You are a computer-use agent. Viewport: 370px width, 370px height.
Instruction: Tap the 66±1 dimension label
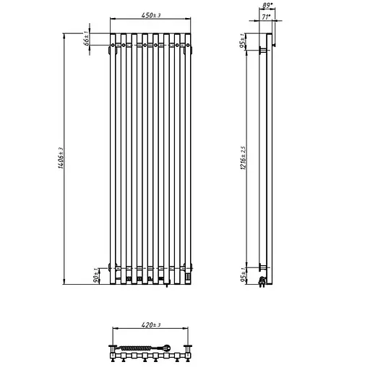[87, 40]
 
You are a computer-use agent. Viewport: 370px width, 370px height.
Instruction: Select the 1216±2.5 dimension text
[246, 157]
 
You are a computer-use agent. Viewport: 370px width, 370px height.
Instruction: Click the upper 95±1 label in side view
[246, 42]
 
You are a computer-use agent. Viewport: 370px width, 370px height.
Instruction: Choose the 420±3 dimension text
[151, 324]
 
